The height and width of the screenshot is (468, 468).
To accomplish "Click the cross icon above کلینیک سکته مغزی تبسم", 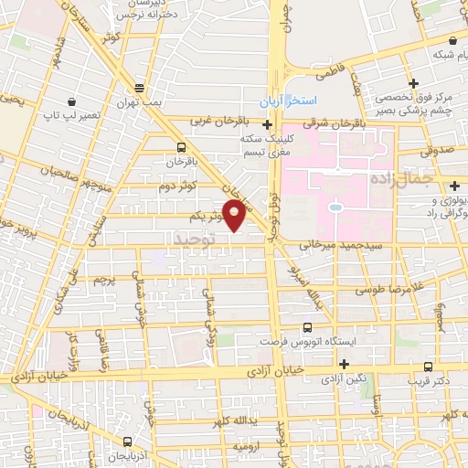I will [267, 124].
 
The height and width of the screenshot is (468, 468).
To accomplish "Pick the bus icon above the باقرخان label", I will [181, 146].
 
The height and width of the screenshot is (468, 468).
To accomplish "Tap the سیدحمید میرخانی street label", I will [340, 246].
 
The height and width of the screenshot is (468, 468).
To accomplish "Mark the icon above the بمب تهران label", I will [139, 89].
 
